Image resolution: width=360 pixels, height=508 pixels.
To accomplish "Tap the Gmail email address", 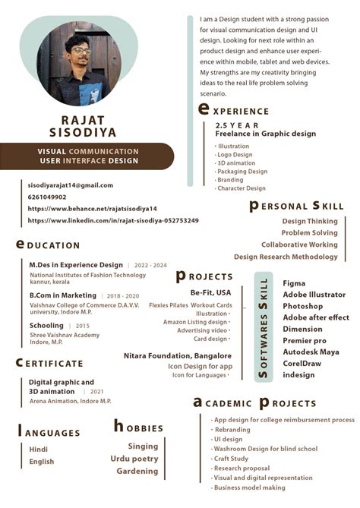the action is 70,185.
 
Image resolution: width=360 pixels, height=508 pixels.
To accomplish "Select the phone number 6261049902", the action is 47,197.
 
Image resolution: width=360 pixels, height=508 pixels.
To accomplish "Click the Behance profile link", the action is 92,208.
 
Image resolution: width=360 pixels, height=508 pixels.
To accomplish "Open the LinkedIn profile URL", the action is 113,220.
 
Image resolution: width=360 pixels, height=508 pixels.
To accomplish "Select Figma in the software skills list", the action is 294,283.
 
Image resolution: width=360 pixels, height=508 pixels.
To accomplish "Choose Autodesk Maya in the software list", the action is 311,352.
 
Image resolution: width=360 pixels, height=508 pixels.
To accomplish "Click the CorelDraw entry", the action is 302,363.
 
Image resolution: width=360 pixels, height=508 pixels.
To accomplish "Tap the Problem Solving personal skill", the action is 309,233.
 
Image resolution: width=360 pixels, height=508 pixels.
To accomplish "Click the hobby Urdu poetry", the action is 134,459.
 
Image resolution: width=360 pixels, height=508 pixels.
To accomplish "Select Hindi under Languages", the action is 38,450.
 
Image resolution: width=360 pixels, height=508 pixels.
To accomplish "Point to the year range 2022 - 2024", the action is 151,266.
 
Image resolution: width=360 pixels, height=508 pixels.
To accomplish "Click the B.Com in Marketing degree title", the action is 63,295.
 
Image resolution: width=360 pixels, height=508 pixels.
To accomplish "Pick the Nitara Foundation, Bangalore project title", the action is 178,355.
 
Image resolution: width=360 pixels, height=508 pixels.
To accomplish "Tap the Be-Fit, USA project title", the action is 210,292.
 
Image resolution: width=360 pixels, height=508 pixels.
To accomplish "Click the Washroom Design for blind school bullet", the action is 265,449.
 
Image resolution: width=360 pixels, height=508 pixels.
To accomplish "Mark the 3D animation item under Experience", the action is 236,163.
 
